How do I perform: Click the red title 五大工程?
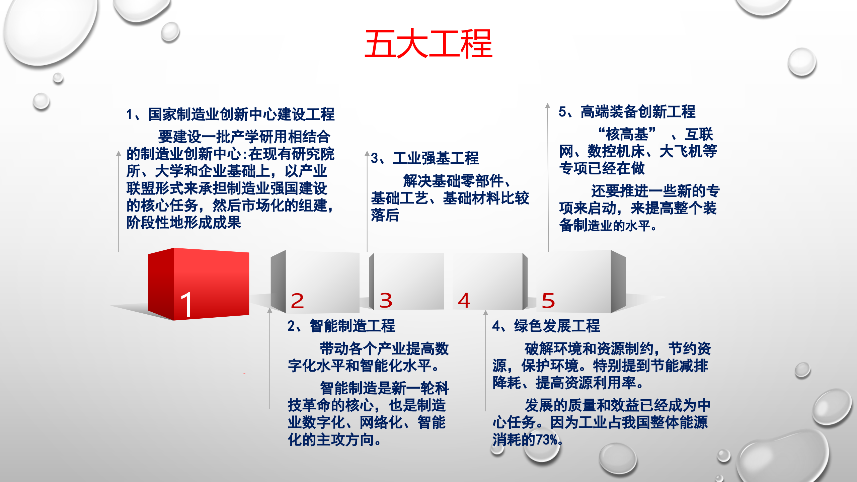[428, 44]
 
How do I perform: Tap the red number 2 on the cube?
[297, 301]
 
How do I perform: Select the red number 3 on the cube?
[386, 301]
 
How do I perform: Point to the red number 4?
[464, 300]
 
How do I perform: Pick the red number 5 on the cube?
[548, 301]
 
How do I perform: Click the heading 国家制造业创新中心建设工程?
[241, 114]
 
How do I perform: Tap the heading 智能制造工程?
[352, 326]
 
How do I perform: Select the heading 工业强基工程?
[436, 158]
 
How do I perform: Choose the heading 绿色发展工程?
[557, 326]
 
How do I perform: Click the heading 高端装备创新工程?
[638, 112]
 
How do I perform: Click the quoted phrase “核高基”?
[627, 135]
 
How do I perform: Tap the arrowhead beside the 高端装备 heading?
[548, 106]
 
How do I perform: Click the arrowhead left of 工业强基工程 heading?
[367, 154]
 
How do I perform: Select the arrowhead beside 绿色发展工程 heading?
[485, 313]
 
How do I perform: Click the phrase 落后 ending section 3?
[385, 215]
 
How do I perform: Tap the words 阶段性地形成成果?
[183, 223]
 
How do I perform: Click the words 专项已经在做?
[602, 168]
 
